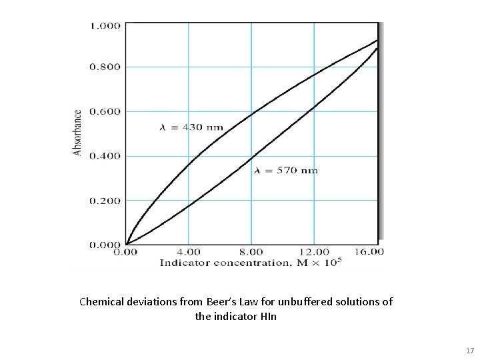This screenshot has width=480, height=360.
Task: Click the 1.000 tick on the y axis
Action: click(x=105, y=25)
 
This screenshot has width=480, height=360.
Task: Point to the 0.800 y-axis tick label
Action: click(x=105, y=67)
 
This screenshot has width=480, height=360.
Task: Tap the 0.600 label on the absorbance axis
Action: click(x=105, y=111)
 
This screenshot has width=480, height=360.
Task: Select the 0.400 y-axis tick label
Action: click(x=105, y=156)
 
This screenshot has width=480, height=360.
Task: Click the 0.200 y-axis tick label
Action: click(x=105, y=201)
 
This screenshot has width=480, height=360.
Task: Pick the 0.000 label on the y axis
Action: click(x=105, y=245)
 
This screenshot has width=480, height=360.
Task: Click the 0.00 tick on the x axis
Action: click(x=127, y=252)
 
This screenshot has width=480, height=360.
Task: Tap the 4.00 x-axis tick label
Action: click(x=188, y=252)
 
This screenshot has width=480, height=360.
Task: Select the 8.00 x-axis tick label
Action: click(x=251, y=252)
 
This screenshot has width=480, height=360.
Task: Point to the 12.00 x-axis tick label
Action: click(x=313, y=252)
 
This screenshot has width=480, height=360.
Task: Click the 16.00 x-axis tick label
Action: click(x=369, y=252)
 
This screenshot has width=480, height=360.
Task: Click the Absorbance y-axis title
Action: click(x=77, y=133)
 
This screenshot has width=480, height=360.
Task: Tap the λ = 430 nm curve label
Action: click(x=191, y=127)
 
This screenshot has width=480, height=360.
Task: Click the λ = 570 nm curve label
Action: click(x=286, y=171)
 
